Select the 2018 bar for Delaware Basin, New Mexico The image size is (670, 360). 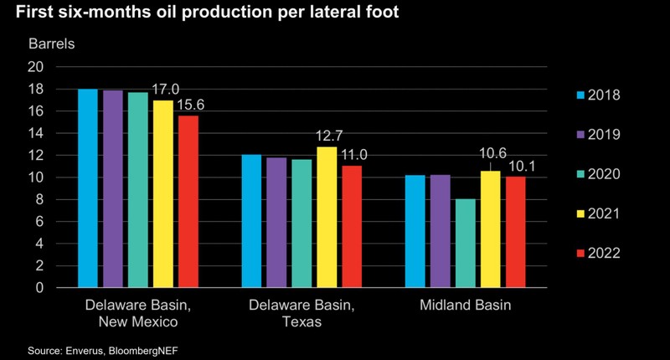click(x=88, y=188)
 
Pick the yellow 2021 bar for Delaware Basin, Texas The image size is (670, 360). click(x=326, y=217)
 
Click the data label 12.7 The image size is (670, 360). click(x=327, y=136)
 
